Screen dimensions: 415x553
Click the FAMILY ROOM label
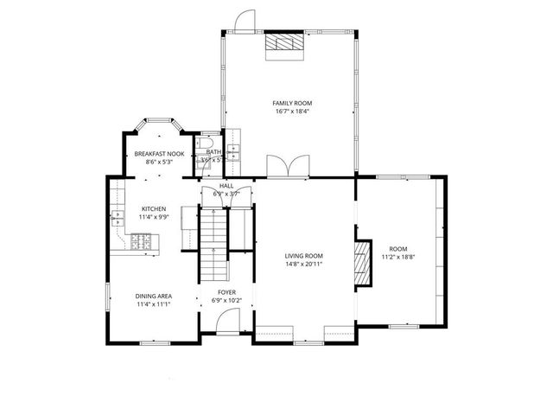pos(292,103)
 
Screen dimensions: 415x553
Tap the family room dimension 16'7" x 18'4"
pos(292,112)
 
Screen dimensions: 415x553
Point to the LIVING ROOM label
pos(304,256)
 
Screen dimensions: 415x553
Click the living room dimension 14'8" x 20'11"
pos(304,265)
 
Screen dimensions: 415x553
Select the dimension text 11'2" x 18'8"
pos(398,257)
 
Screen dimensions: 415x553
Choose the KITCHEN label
pos(154,209)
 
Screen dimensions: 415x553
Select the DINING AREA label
pos(154,296)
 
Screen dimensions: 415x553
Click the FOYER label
pos(226,292)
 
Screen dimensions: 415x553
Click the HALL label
pos(226,185)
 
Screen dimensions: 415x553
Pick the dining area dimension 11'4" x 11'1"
pos(154,304)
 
